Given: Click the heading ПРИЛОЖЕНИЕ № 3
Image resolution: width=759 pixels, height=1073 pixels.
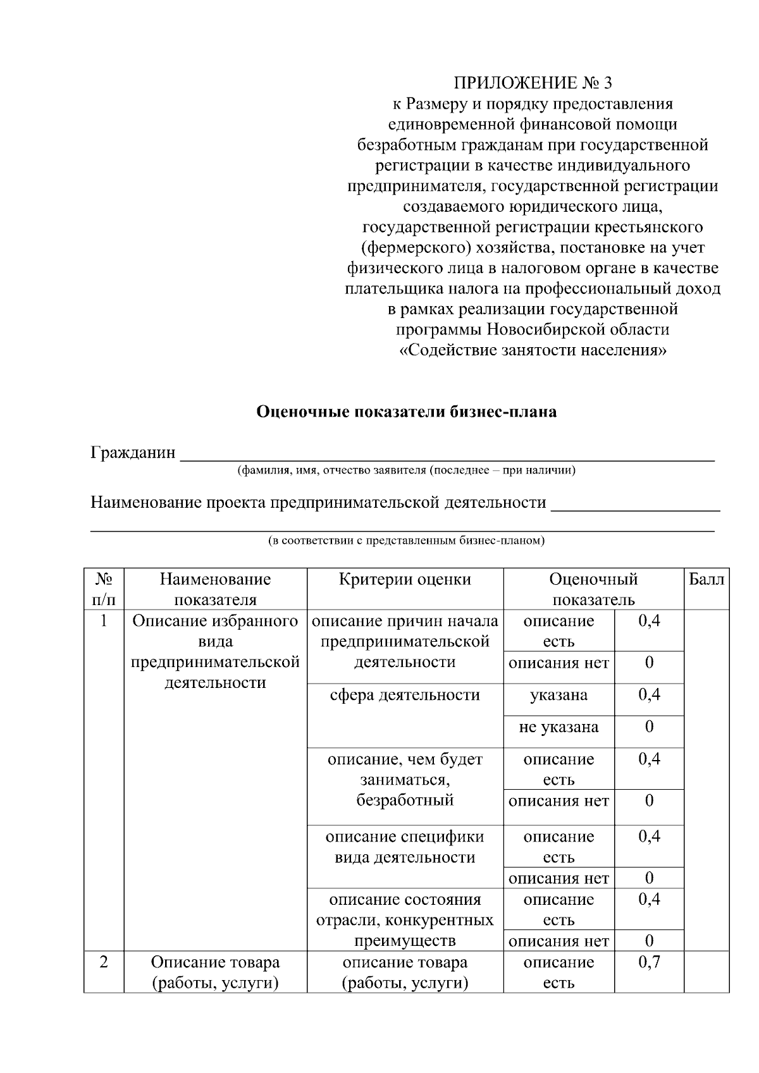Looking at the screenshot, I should pyautogui.click(x=533, y=83).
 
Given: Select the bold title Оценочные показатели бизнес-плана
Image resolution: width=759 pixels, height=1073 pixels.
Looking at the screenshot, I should pyautogui.click(x=406, y=412).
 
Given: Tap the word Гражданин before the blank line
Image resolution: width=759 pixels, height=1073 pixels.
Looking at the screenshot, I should pyautogui.click(x=133, y=453).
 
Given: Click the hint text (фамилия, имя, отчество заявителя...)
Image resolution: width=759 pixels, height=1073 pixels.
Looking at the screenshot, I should pyautogui.click(x=406, y=470).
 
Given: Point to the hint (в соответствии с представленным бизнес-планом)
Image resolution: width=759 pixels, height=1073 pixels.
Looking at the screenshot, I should pyautogui.click(x=406, y=541).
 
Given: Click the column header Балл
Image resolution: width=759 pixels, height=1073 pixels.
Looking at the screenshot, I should pyautogui.click(x=706, y=579).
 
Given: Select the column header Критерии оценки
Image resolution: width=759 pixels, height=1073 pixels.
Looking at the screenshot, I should pyautogui.click(x=405, y=579).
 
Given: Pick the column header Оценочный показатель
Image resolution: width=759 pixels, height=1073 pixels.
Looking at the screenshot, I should pyautogui.click(x=593, y=589).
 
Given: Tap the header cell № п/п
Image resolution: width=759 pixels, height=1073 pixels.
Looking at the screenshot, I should pyautogui.click(x=104, y=589).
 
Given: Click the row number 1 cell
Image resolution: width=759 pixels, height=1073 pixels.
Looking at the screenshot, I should pyautogui.click(x=104, y=621).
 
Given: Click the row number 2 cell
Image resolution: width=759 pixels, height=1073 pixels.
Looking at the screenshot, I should pyautogui.click(x=104, y=962).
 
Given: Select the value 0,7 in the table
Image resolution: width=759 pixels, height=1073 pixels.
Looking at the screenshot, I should pyautogui.click(x=649, y=962).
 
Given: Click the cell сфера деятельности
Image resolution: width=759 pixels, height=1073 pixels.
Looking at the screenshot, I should pyautogui.click(x=405, y=695).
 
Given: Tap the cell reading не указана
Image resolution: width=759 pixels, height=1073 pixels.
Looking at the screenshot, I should pyautogui.click(x=558, y=727).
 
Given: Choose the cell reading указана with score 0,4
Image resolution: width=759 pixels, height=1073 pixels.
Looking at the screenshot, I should pyautogui.click(x=558, y=695).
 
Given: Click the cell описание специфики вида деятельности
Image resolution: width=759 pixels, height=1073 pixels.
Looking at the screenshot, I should pyautogui.click(x=405, y=847).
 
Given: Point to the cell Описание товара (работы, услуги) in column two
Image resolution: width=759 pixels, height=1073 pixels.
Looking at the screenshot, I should pyautogui.click(x=215, y=972).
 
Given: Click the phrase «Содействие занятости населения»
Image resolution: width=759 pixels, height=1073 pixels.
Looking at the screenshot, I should pyautogui.click(x=533, y=350).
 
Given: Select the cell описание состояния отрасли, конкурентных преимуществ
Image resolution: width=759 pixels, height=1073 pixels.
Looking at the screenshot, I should pyautogui.click(x=405, y=920).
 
